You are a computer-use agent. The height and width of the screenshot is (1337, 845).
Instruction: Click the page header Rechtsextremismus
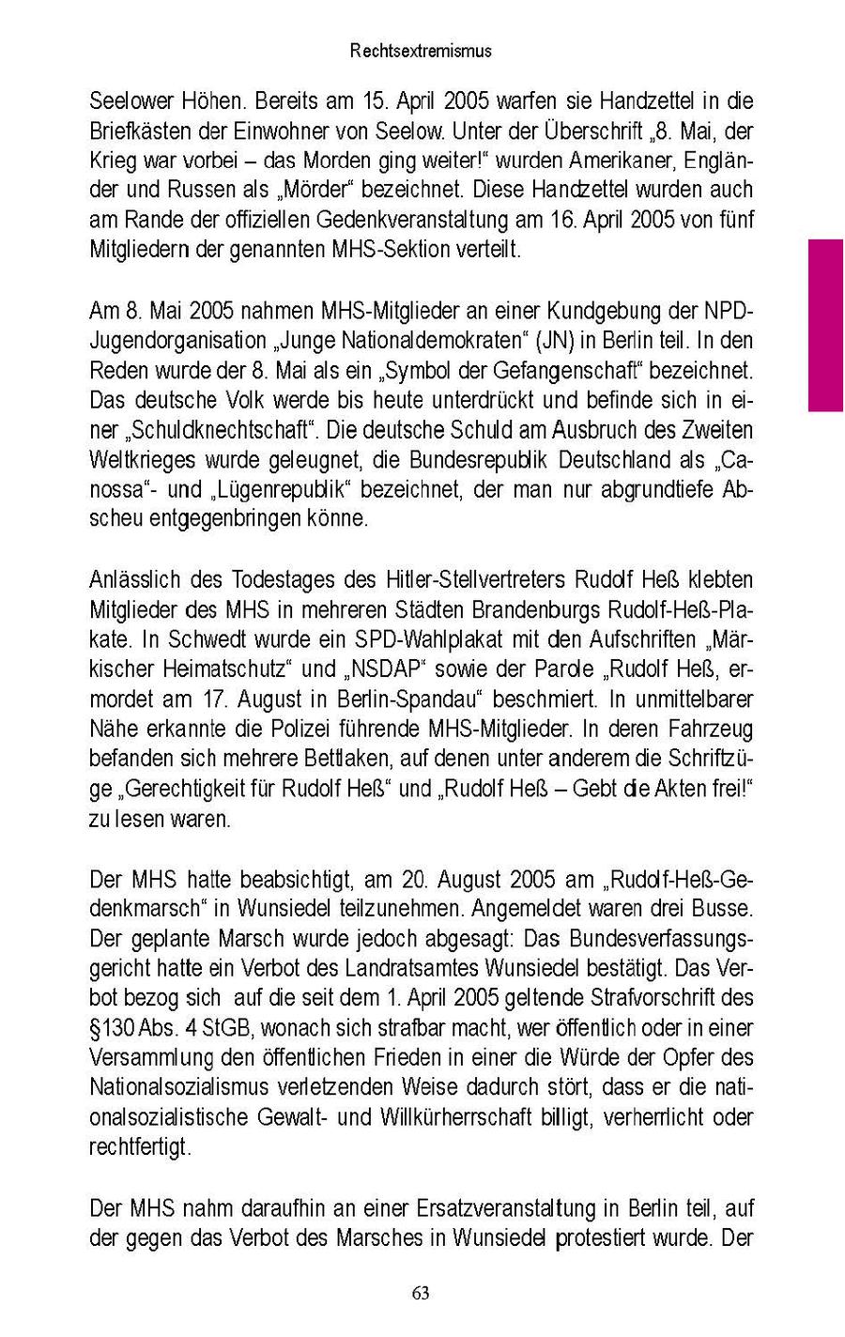tap(421, 52)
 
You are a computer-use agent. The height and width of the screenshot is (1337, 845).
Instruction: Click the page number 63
tap(421, 1293)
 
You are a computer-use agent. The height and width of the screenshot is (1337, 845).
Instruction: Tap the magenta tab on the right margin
tap(826, 324)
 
